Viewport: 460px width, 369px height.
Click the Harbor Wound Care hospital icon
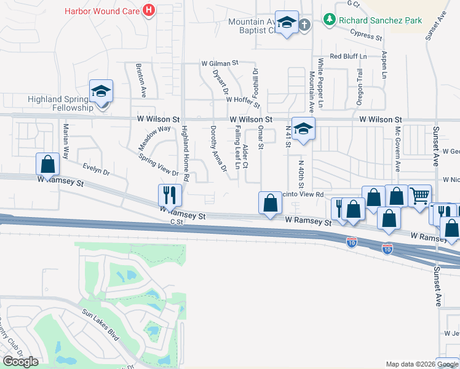148,10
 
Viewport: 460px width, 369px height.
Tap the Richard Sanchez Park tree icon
330,20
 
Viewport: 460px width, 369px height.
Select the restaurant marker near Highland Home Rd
170,195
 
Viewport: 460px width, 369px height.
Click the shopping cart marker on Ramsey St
420,196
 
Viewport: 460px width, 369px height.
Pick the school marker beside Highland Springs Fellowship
101,92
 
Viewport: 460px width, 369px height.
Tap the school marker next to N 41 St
303,129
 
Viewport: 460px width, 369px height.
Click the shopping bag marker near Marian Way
48,164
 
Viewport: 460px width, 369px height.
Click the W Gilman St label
220,63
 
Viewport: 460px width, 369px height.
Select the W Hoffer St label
243,100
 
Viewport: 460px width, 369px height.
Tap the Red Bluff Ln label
348,56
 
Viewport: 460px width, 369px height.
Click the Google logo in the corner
20,362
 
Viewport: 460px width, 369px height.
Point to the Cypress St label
365,36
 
